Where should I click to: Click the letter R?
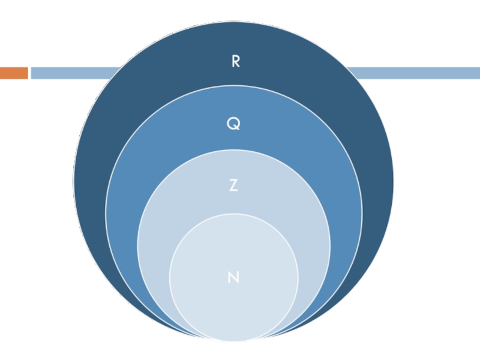[x=235, y=61]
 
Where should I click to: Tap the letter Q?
[x=233, y=124]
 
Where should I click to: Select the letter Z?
[x=233, y=186]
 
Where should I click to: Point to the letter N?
[x=234, y=277]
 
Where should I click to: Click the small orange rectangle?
[x=14, y=73]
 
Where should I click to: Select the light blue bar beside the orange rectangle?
[x=72, y=73]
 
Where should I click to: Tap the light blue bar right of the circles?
[x=420, y=73]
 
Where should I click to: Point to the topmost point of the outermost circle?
[x=234, y=22]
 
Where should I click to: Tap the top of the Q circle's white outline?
[x=234, y=86]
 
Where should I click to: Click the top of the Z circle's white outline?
[x=234, y=149]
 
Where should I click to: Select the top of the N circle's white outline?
[x=234, y=214]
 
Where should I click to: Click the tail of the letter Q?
[x=238, y=128]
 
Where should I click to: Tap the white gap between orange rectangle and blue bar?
[x=29, y=73]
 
